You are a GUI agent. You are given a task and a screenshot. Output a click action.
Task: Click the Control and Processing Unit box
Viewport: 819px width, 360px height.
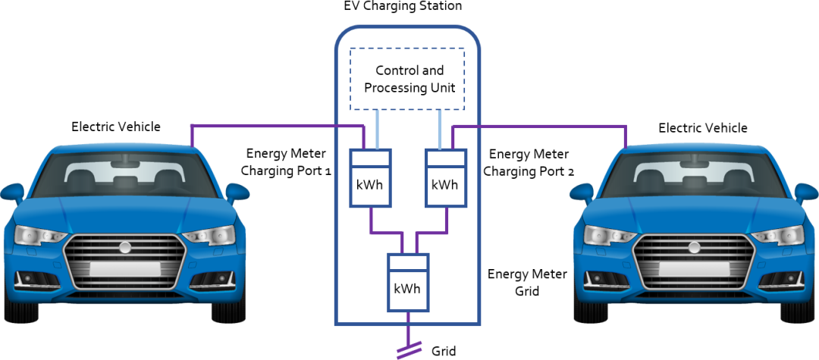(406, 79)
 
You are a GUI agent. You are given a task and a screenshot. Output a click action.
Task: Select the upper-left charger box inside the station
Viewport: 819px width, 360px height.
(370, 178)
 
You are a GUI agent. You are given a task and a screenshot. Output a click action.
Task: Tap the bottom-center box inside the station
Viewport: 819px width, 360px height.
(409, 283)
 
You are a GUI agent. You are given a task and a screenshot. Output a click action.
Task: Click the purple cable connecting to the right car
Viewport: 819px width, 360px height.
(546, 125)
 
